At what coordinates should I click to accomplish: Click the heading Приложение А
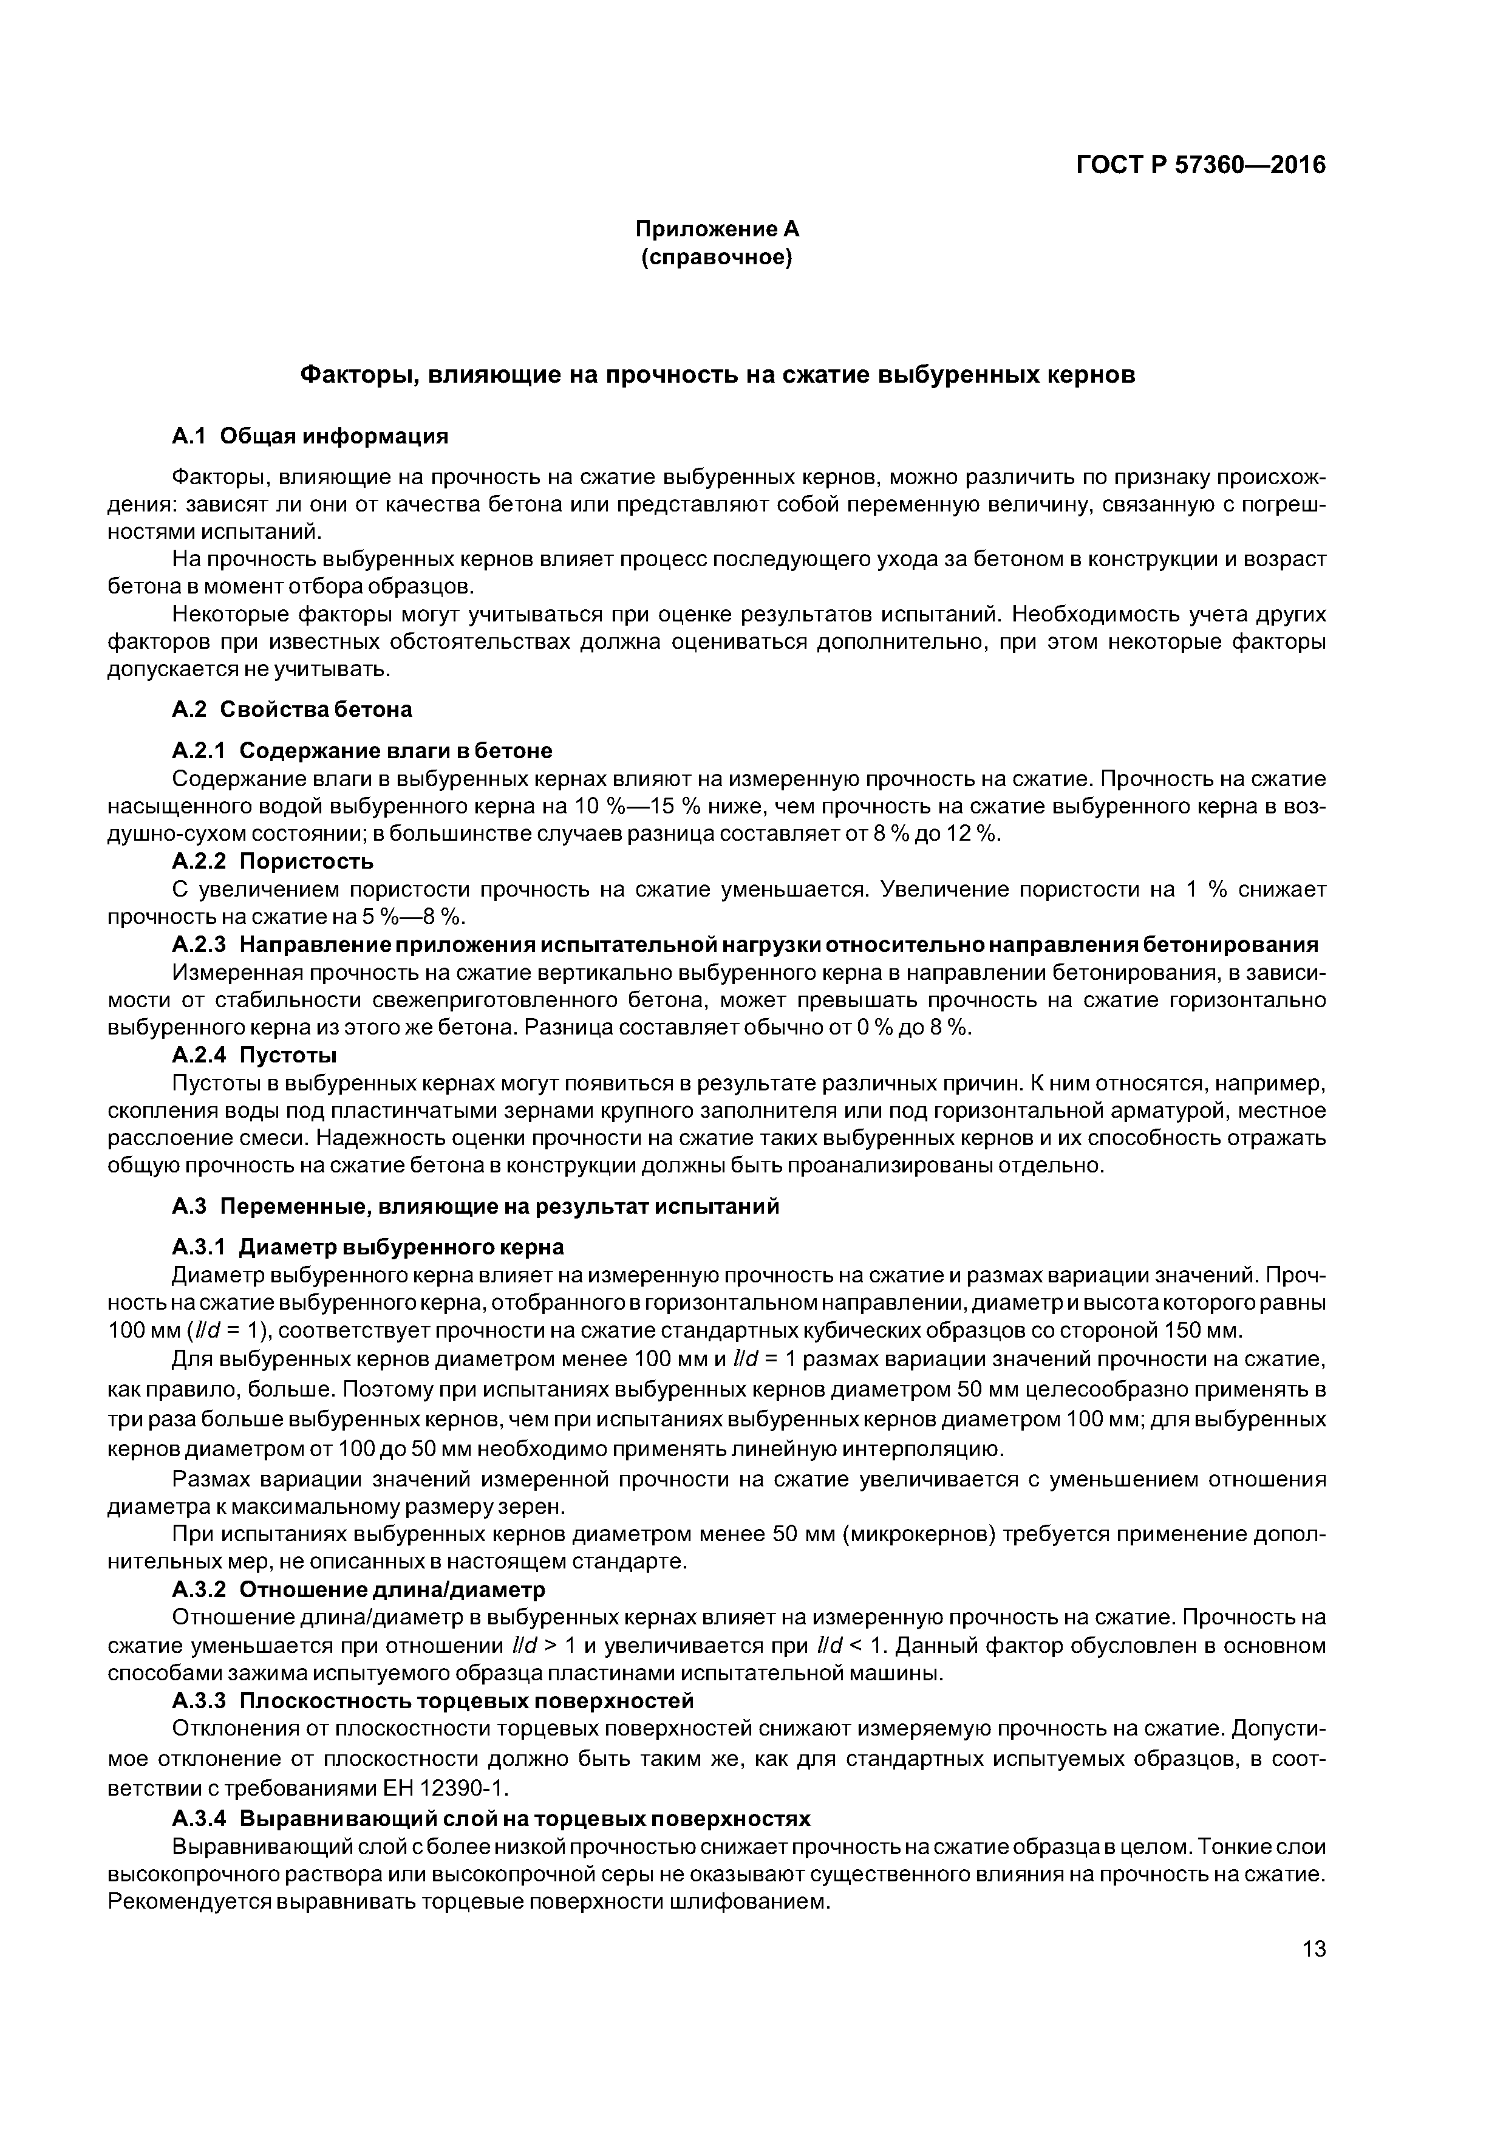pos(717,229)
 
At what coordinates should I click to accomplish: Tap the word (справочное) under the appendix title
pos(717,257)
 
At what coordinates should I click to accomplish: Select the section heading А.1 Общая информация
pos(310,436)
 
